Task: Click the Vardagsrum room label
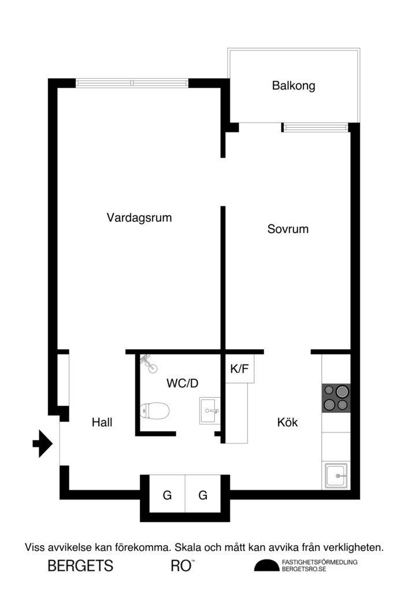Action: click(x=140, y=218)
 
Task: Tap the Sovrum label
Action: click(x=288, y=229)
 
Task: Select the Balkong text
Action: click(x=294, y=86)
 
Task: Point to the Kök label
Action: click(x=287, y=423)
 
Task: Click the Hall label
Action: click(x=102, y=423)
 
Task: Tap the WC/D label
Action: click(x=182, y=383)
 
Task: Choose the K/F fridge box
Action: click(x=239, y=369)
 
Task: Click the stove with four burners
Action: click(x=336, y=398)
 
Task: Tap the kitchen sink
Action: click(x=336, y=475)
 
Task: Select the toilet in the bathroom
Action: click(x=155, y=411)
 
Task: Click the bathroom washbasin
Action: click(x=209, y=410)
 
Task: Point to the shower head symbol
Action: click(x=148, y=361)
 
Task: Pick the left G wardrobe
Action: click(x=167, y=495)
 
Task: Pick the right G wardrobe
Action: click(x=203, y=495)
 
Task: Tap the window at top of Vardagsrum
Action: click(x=132, y=83)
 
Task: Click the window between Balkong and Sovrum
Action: click(x=316, y=127)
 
